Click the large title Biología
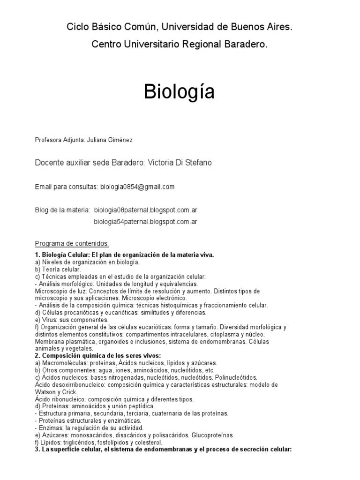[x=180, y=92]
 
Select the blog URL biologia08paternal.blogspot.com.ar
[x=145, y=210]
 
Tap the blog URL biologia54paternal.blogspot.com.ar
[x=145, y=222]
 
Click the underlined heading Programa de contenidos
[x=72, y=244]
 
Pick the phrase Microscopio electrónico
[x=151, y=298]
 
